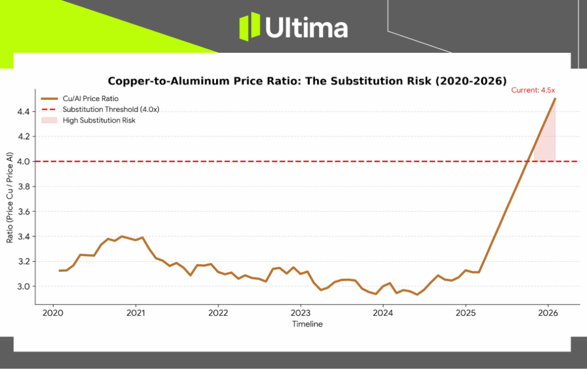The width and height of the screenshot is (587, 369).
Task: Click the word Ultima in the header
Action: tap(306, 28)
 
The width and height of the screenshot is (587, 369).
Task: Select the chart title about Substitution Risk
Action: tap(307, 80)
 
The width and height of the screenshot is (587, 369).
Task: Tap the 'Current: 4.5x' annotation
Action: tap(534, 90)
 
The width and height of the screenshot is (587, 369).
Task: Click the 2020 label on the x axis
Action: tap(53, 313)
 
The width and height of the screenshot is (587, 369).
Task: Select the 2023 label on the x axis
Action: tap(300, 313)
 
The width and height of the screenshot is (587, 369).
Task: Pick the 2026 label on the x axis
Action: tap(548, 313)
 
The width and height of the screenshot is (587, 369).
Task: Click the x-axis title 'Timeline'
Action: tap(307, 324)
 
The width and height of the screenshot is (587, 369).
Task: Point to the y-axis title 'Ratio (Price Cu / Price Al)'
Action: tap(10, 198)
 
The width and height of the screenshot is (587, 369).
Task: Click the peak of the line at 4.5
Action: tap(555, 99)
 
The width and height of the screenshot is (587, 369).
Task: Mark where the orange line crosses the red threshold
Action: tap(527, 161)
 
